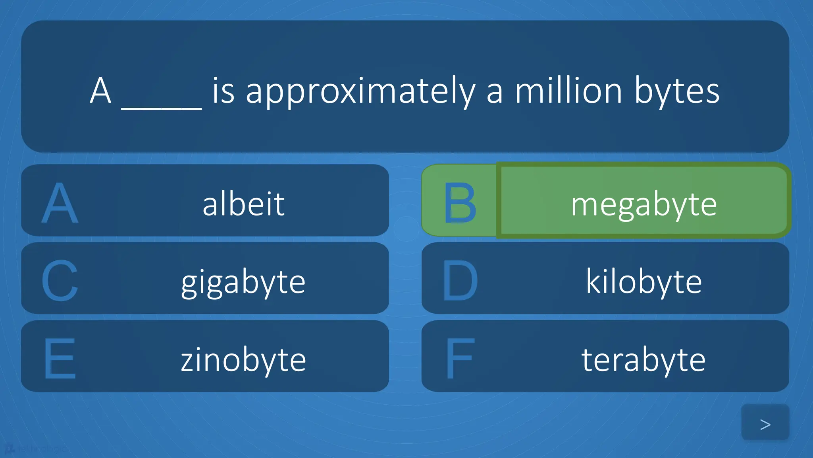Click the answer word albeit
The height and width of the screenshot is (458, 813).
(243, 204)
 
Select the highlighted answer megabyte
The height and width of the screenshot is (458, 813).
(643, 204)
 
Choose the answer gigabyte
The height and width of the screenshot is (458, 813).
(243, 282)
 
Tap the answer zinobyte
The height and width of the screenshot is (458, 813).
(243, 359)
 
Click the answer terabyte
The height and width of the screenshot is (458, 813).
(643, 359)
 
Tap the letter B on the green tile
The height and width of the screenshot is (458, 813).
(459, 203)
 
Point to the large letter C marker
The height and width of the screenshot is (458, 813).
(60, 281)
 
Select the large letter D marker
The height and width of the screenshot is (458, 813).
(460, 281)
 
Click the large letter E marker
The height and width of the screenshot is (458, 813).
(60, 359)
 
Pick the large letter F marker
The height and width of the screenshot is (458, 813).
(460, 359)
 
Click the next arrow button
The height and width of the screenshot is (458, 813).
(765, 424)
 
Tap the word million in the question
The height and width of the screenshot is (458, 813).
(568, 91)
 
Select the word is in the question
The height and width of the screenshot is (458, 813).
(223, 91)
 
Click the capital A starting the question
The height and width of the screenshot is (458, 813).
(100, 91)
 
